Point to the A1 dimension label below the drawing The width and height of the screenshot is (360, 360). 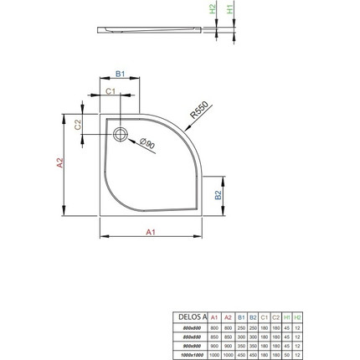point(152,233)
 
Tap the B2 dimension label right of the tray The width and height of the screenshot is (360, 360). point(217,195)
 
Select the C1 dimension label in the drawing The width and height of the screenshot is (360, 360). point(110,90)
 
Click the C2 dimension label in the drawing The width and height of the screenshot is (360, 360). point(78,125)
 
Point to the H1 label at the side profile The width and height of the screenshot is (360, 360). point(232,8)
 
